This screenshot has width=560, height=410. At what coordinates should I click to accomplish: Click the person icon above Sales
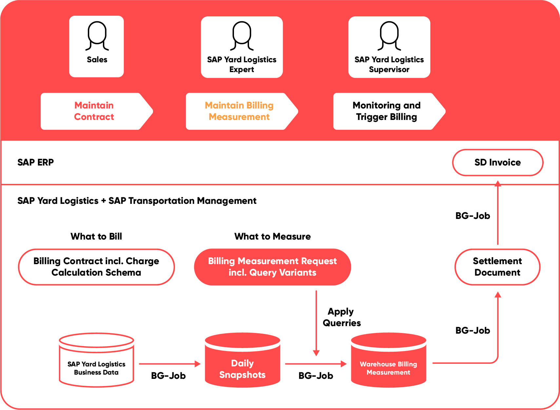tap(97, 36)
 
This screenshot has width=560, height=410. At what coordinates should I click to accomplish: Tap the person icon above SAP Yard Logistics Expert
tap(242, 36)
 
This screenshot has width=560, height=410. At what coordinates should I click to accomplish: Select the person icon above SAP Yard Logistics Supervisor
tap(389, 36)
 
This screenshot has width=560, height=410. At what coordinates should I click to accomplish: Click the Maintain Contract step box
tap(97, 111)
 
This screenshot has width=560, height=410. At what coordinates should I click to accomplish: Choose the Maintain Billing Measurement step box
tap(242, 111)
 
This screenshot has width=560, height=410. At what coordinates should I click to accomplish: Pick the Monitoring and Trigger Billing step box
tap(389, 111)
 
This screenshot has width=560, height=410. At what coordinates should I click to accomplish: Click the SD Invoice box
tap(498, 163)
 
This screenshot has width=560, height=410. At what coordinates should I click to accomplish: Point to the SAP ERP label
tap(35, 162)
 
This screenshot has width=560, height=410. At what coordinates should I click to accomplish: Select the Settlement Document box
tap(497, 267)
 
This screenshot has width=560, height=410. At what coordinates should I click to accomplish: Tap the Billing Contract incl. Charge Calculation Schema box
tap(96, 267)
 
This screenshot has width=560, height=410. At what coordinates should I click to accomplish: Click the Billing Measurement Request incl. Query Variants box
tap(273, 267)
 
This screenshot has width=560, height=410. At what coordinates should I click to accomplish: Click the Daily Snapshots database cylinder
tap(242, 360)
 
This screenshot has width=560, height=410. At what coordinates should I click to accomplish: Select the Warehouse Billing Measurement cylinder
tap(389, 360)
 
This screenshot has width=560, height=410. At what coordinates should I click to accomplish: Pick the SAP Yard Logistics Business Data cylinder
tap(96, 360)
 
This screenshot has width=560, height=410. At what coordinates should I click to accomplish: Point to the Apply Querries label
tap(342, 317)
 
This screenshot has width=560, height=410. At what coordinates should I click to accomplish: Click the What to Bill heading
tap(96, 236)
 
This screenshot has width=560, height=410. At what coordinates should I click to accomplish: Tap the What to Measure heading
tap(273, 236)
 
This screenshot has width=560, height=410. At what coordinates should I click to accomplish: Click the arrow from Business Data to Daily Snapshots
tap(170, 364)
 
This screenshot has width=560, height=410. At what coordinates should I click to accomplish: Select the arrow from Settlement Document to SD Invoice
tap(498, 212)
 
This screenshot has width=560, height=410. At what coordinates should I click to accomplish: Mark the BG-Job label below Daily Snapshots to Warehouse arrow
tap(316, 376)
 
